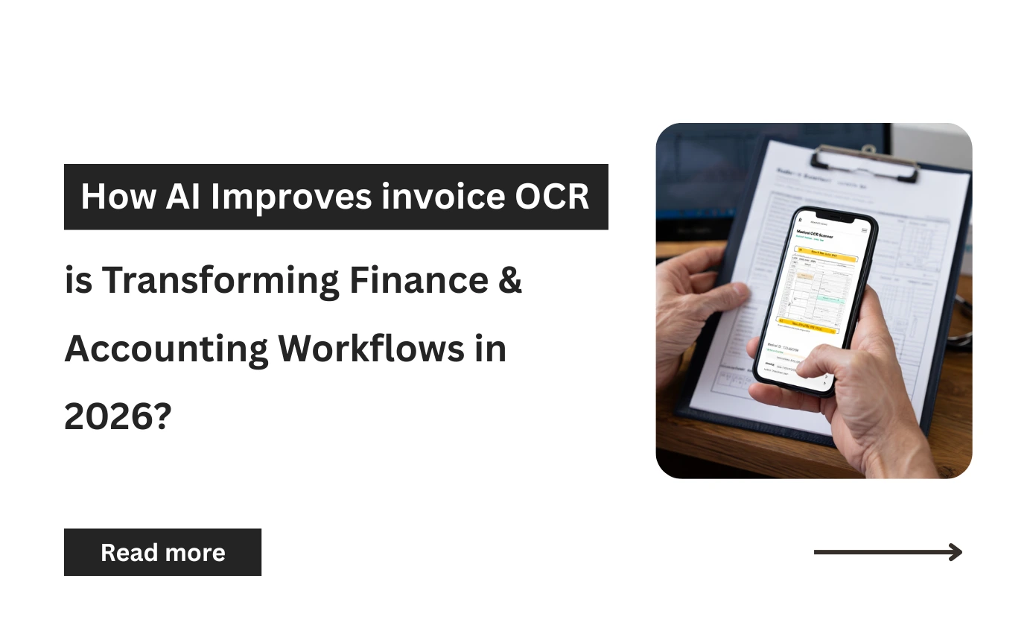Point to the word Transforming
[220, 280]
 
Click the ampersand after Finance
[509, 280]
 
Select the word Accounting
[166, 348]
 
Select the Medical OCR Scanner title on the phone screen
[816, 235]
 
